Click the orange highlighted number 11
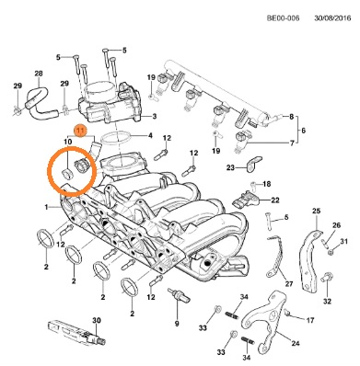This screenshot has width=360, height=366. tap(80, 132)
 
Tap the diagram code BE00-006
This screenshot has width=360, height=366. tap(283, 18)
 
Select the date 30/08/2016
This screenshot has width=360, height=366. tap(332, 18)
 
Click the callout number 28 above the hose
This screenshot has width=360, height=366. tap(39, 74)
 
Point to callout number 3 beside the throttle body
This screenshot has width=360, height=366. tap(155, 116)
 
